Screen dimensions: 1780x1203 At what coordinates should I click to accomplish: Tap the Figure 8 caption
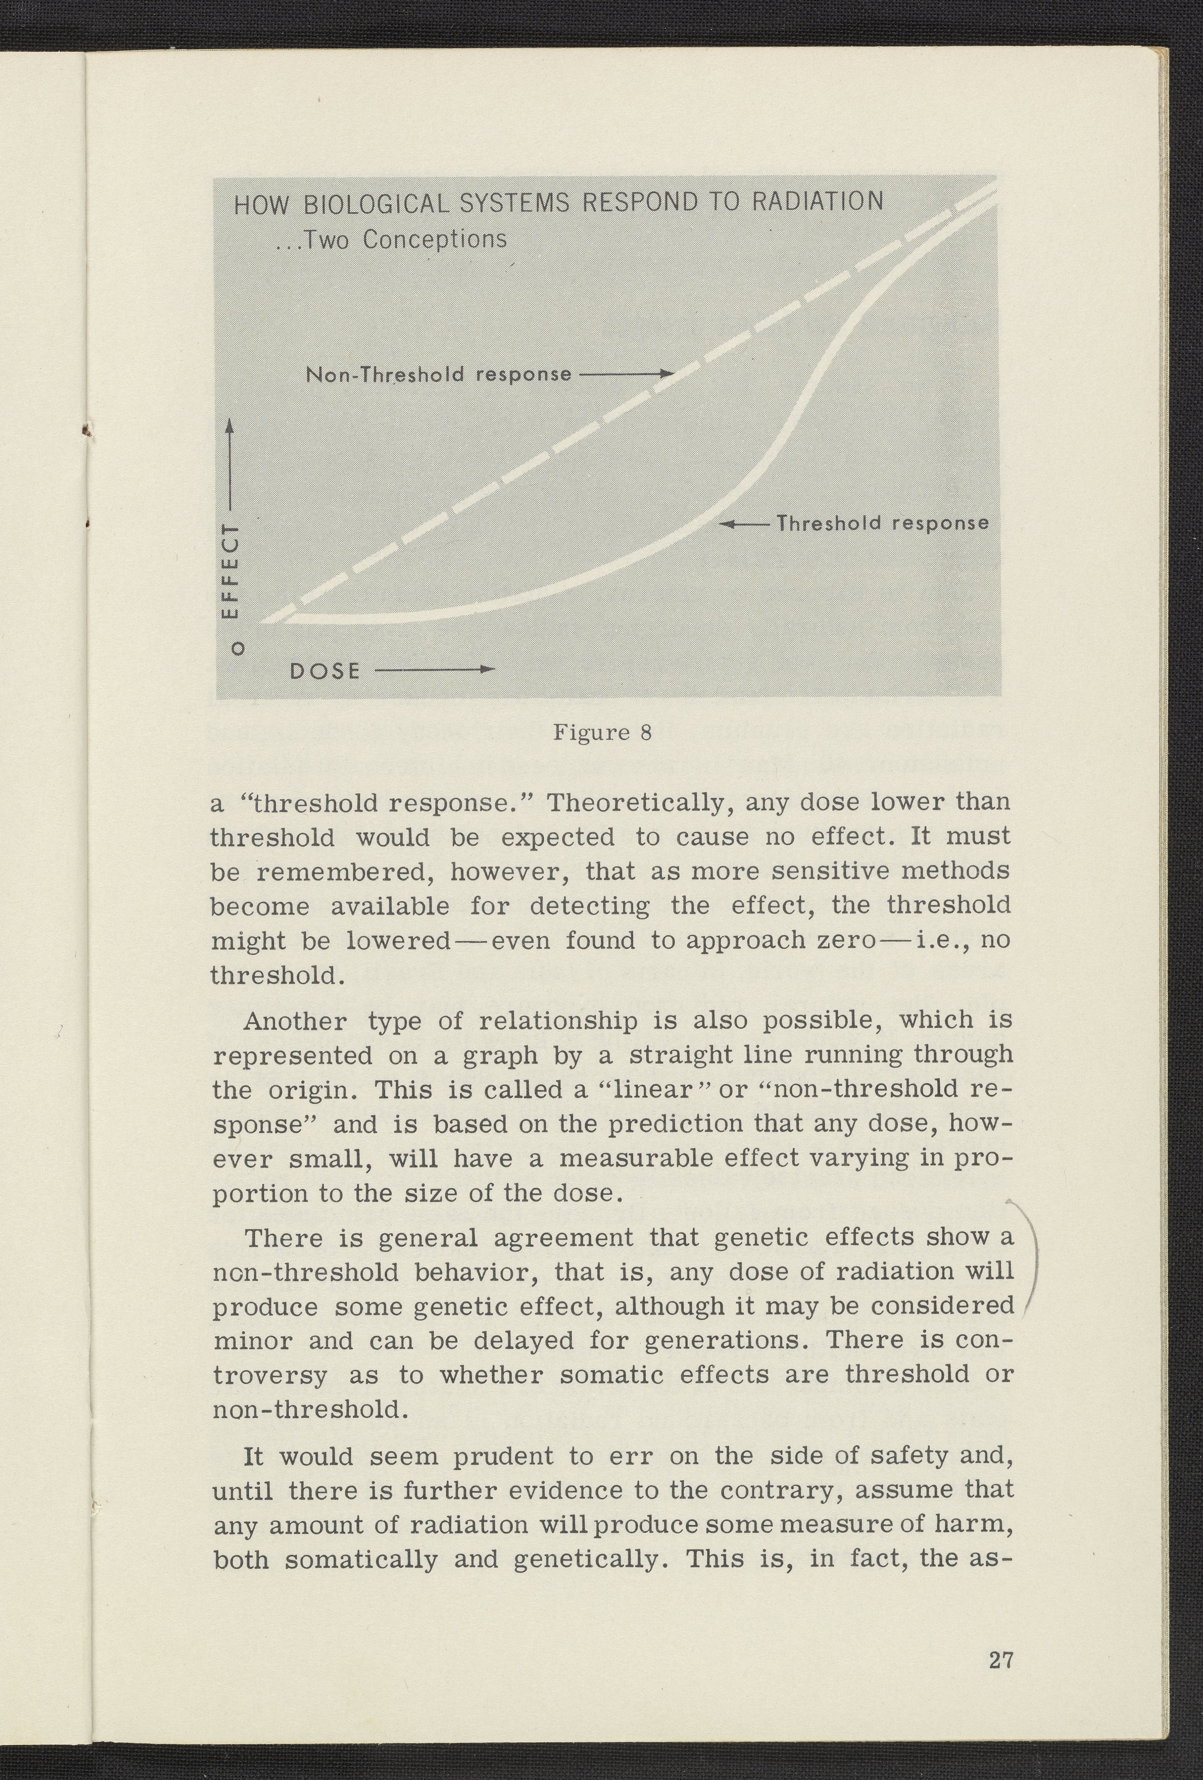click(602, 733)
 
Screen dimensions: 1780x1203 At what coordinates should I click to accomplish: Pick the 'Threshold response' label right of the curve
click(883, 523)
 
